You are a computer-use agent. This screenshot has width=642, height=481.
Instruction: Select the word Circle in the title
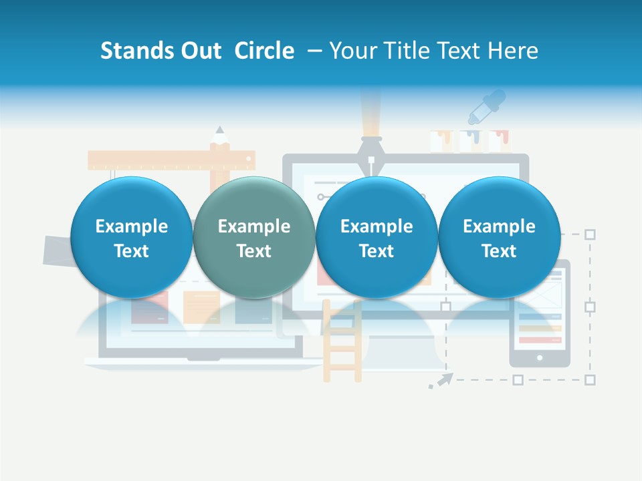coord(264,51)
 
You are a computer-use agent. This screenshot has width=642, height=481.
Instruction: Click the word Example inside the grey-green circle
coord(253,226)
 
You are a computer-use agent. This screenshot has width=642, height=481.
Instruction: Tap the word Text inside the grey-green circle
coord(253,251)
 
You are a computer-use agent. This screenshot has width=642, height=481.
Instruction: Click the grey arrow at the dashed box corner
coord(441,381)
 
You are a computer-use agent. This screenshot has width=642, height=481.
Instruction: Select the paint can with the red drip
coord(499,141)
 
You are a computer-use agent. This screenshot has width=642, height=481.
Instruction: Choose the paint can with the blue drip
coord(470,141)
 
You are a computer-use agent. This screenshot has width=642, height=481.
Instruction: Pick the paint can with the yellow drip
coord(441,141)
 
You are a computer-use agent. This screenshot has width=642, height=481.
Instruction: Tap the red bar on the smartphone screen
coord(539,339)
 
